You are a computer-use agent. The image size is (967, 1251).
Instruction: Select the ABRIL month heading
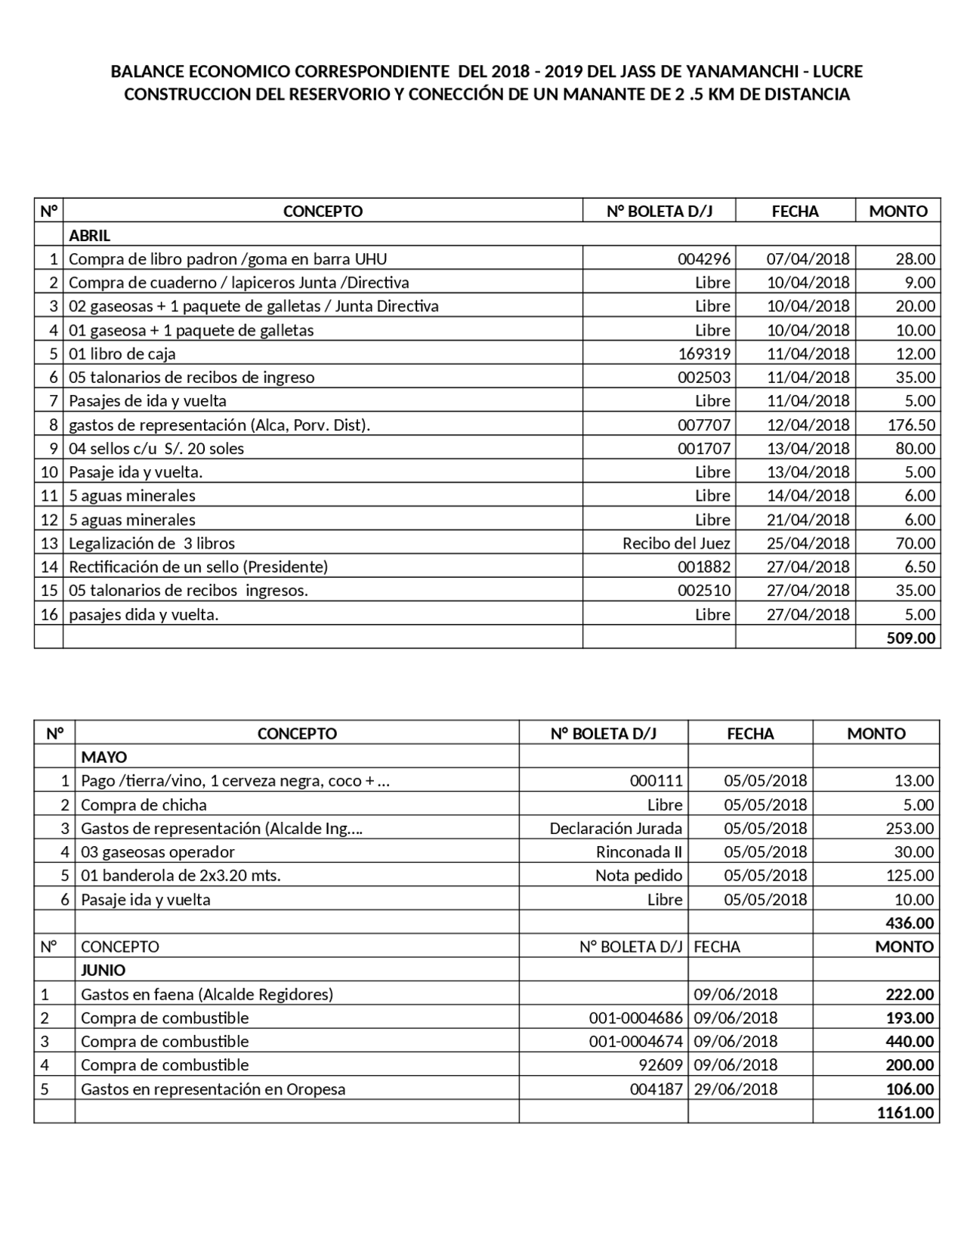(89, 235)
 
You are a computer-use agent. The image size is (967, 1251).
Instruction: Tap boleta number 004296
(704, 259)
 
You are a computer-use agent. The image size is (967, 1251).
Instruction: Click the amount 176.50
(911, 425)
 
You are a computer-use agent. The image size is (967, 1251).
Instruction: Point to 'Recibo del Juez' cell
(676, 543)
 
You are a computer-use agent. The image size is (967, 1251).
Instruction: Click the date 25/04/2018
(808, 543)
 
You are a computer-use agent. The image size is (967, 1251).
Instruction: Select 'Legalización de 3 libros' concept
(152, 543)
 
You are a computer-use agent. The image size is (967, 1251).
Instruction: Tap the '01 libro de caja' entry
(122, 354)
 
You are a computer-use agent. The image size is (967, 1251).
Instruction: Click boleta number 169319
(704, 354)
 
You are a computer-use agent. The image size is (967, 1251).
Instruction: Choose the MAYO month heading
(103, 757)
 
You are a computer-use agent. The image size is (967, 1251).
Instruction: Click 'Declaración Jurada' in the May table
(616, 828)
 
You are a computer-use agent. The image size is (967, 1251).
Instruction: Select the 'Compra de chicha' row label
(144, 805)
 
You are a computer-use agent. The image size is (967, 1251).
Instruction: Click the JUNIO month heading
(103, 970)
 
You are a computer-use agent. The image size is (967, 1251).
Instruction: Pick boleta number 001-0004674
(635, 1041)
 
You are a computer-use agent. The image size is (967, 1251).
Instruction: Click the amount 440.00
(910, 1041)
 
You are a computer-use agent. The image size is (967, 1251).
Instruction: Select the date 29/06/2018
(735, 1089)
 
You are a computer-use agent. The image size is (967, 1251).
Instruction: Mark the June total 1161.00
(905, 1112)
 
